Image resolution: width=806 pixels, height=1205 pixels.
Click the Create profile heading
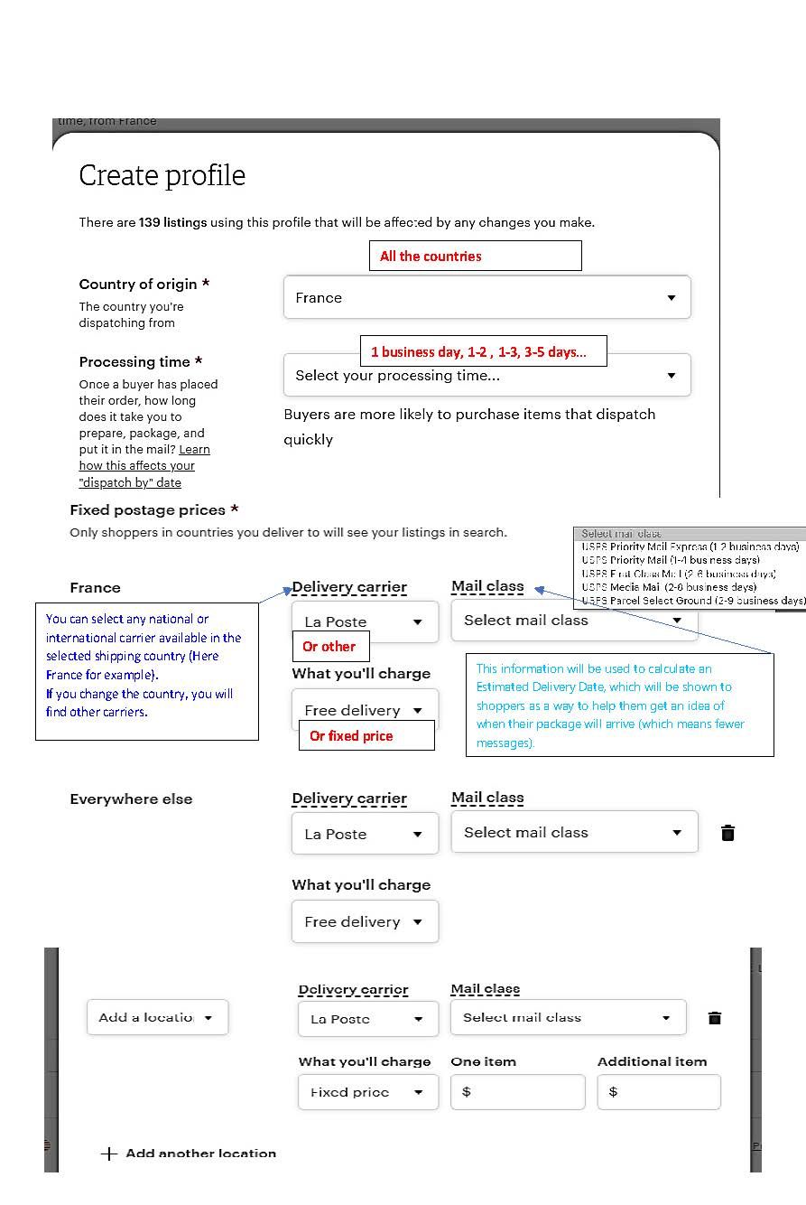coord(162,175)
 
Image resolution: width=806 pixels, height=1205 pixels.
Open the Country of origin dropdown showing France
coord(486,297)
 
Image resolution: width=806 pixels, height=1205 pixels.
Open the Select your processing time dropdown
coord(486,376)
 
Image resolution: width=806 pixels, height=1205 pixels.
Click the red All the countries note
coord(475,256)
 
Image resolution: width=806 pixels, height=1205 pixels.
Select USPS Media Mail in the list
coord(669,587)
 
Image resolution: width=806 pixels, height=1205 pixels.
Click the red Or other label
coord(329,646)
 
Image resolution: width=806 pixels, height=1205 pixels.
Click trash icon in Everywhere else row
coord(728,833)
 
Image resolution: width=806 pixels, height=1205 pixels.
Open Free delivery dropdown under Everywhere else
coord(365,921)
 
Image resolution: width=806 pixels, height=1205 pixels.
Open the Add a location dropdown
coord(157,1017)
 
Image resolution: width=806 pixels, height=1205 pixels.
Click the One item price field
coord(518,1092)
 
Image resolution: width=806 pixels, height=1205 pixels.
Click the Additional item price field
coord(659,1092)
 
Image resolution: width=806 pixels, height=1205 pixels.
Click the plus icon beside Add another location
coord(109,1154)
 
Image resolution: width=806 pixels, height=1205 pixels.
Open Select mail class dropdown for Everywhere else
coord(574,832)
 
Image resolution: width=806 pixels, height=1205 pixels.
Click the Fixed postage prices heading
coord(154,509)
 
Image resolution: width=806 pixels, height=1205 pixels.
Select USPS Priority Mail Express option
coord(690,546)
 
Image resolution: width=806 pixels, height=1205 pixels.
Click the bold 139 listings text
coord(172,222)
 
